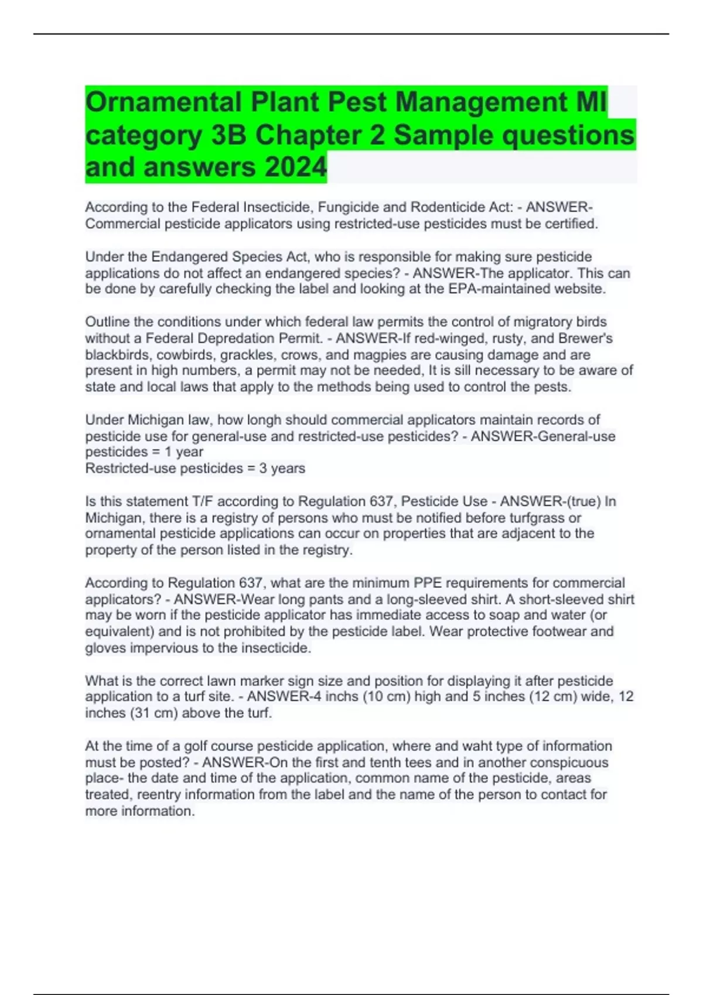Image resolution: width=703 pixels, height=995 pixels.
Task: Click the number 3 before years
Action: tap(263, 468)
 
